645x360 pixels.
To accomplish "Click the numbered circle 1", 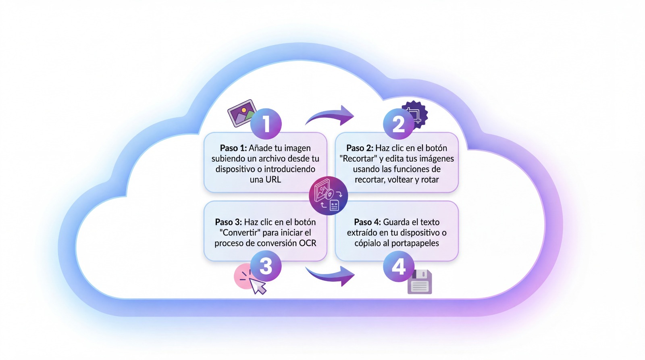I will (x=266, y=124).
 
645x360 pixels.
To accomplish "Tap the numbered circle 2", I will (x=398, y=124).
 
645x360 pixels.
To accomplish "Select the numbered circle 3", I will (x=266, y=266).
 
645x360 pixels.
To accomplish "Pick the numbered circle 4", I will (x=398, y=266).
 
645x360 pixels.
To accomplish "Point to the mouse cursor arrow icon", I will (x=258, y=285).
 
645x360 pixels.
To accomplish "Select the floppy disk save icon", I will (x=420, y=282).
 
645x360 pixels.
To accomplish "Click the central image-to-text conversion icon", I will (x=329, y=196).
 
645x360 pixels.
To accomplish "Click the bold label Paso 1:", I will (x=233, y=148).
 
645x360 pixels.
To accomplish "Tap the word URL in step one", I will (x=273, y=180).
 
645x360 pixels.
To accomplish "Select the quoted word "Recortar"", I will (x=358, y=158).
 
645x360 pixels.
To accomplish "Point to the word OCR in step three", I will (x=308, y=243).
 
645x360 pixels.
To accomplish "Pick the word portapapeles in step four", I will (x=415, y=243).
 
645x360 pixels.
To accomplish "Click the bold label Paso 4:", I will (x=367, y=222).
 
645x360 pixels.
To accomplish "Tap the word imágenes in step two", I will (x=436, y=158).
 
